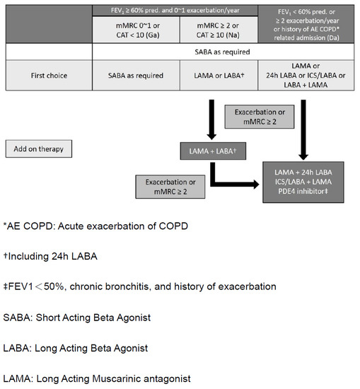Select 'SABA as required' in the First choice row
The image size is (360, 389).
click(135, 76)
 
